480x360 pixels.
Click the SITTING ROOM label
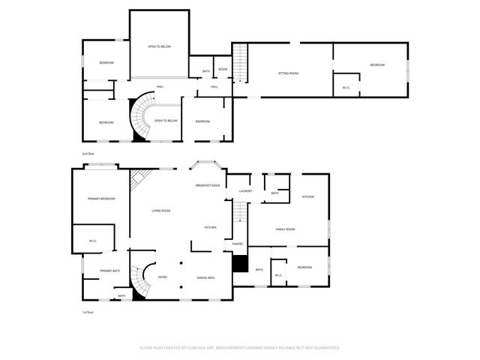pos(289,73)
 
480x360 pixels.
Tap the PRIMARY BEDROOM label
pos(101,199)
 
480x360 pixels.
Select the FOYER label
pos(162,277)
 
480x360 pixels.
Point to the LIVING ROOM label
pos(161,211)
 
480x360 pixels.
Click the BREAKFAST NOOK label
pos(208,185)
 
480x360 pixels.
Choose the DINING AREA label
pos(206,277)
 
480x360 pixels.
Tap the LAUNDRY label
pos(245,191)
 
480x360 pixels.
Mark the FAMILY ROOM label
pos(285,229)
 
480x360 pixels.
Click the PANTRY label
pos(238,244)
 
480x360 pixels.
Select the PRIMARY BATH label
pos(110,270)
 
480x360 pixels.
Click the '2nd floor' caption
pos(88,154)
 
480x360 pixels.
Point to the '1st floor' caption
pos(88,312)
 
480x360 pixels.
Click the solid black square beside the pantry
pos(240,264)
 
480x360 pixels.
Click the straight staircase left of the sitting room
pos(240,63)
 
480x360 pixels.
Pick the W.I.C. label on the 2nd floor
pos(346,88)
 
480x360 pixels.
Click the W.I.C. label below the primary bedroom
pos(92,241)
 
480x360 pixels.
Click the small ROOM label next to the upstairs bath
pos(223,70)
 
